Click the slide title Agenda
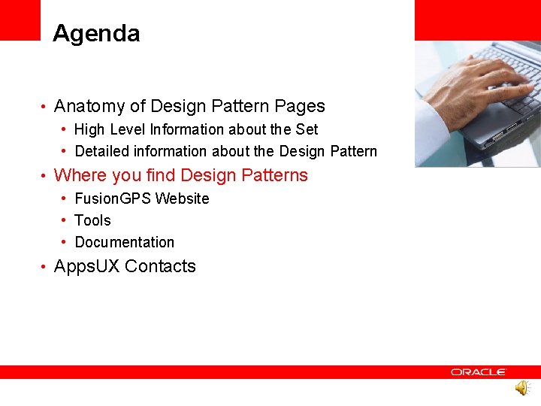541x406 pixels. tap(96, 34)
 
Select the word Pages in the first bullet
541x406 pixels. tap(300, 107)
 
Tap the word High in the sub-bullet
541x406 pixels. tap(89, 129)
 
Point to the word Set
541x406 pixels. tap(307, 129)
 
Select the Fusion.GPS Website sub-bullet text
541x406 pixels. tap(142, 198)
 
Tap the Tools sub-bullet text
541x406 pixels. tap(92, 220)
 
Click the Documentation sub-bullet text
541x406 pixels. tap(125, 242)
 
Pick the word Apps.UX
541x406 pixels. tap(87, 266)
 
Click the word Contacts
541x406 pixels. tap(160, 266)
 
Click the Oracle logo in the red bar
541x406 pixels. tap(479, 372)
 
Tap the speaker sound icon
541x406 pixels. tap(521, 388)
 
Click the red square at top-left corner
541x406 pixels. tap(20, 20)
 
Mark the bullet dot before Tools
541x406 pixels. tap(66, 220)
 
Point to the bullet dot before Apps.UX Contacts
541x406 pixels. tap(45, 267)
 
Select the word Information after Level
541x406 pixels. tap(183, 129)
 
